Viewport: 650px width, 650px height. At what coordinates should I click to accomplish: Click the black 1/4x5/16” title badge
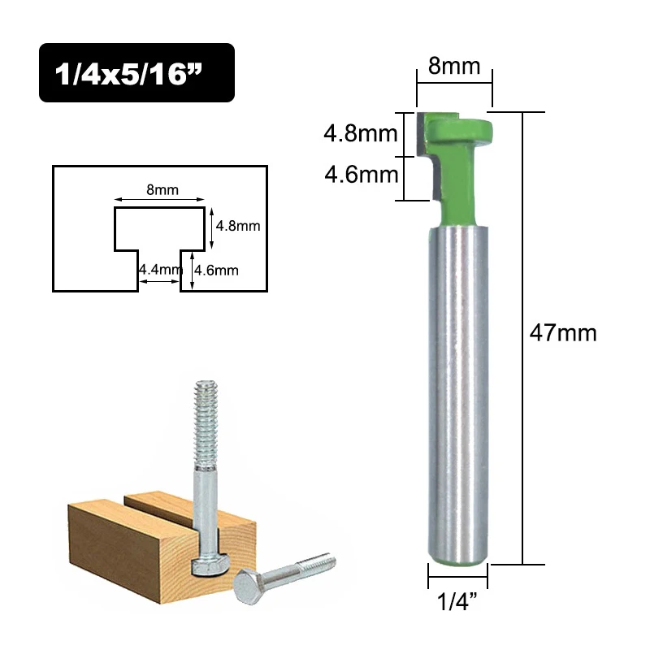pyautogui.click(x=136, y=72)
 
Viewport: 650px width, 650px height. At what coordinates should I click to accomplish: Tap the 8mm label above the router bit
pyautogui.click(x=454, y=66)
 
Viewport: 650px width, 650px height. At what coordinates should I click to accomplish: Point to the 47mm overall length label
pyautogui.click(x=563, y=332)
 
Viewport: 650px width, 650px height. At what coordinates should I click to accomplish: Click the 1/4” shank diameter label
pyautogui.click(x=457, y=603)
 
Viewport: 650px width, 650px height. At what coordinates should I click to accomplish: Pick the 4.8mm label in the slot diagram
pyautogui.click(x=237, y=226)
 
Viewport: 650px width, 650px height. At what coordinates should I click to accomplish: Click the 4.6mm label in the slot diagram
pyautogui.click(x=216, y=271)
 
